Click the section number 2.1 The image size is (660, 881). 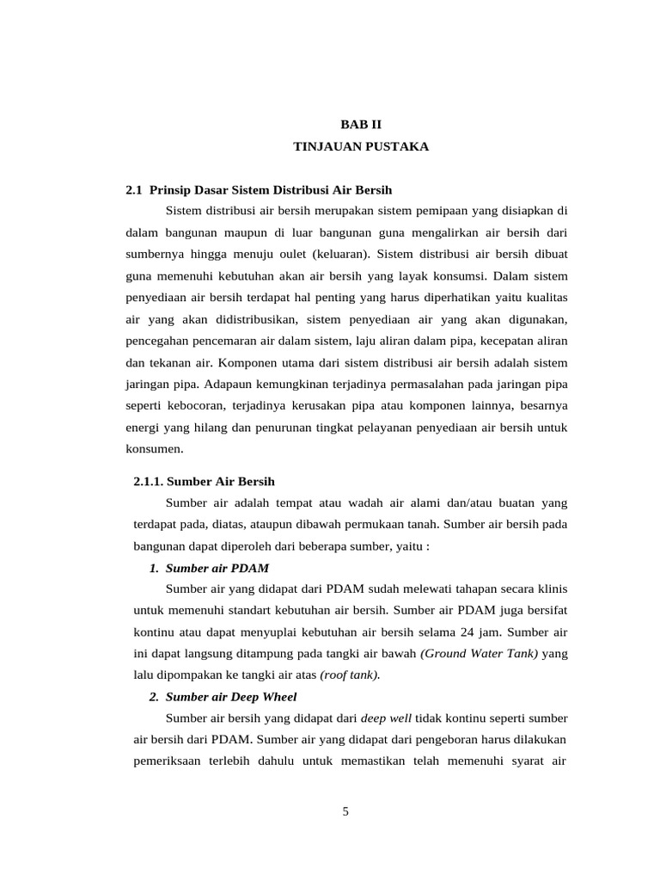click(135, 189)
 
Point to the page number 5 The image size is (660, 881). click(345, 810)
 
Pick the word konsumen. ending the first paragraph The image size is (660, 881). click(155, 448)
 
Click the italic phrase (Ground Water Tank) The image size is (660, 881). click(479, 654)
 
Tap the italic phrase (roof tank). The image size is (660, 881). click(350, 675)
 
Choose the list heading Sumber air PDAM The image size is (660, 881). click(217, 568)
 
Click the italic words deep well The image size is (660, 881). click(386, 718)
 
